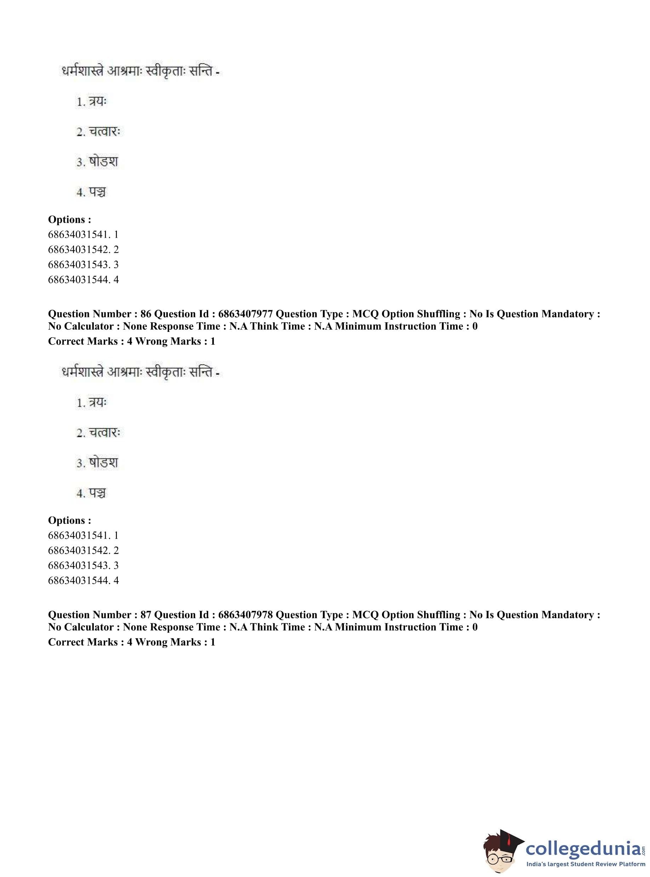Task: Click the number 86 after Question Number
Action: point(146,314)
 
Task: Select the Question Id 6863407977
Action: point(245,314)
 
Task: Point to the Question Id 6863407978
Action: point(245,615)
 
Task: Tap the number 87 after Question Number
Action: point(146,615)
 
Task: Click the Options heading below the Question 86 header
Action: point(69,520)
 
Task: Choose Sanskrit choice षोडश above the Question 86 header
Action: point(103,162)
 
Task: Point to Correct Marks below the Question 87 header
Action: point(82,642)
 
